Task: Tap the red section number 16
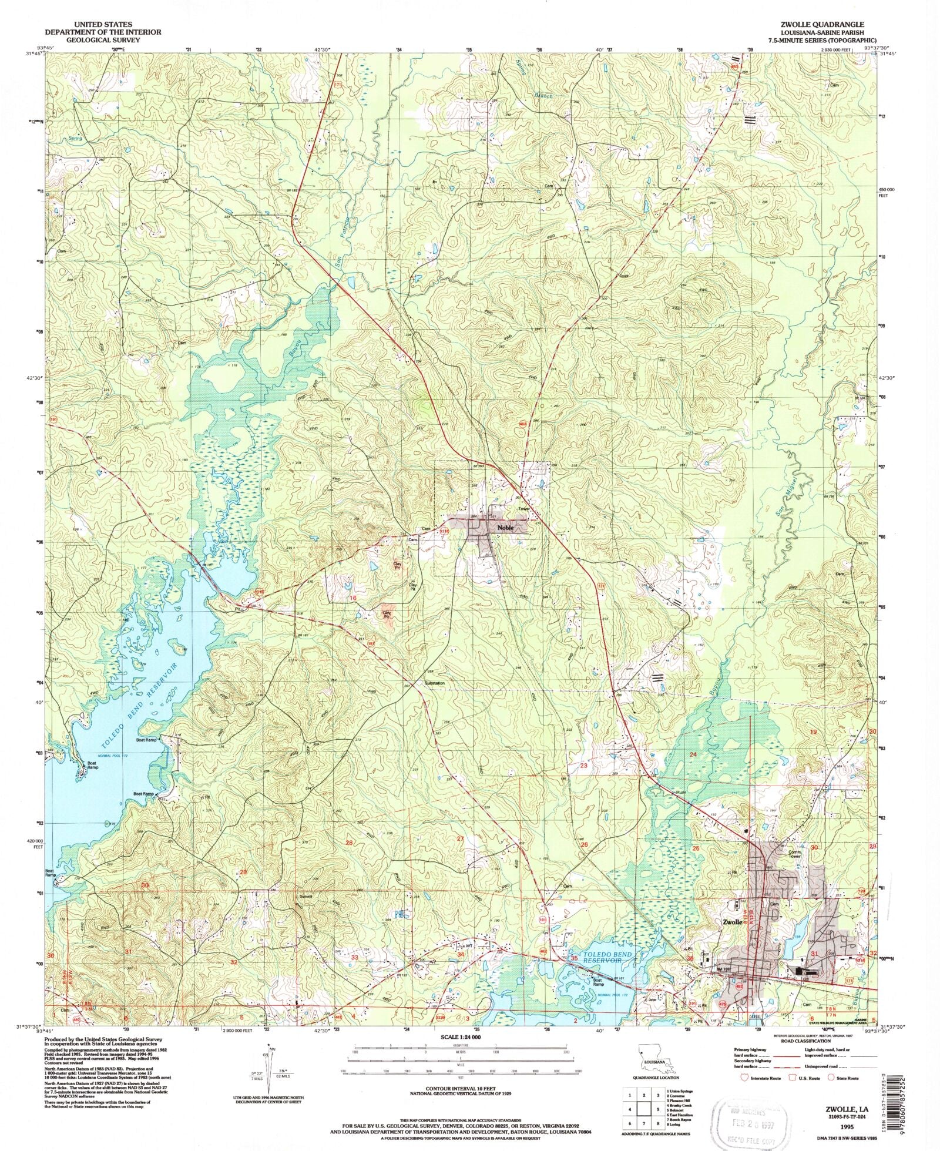(x=353, y=598)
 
